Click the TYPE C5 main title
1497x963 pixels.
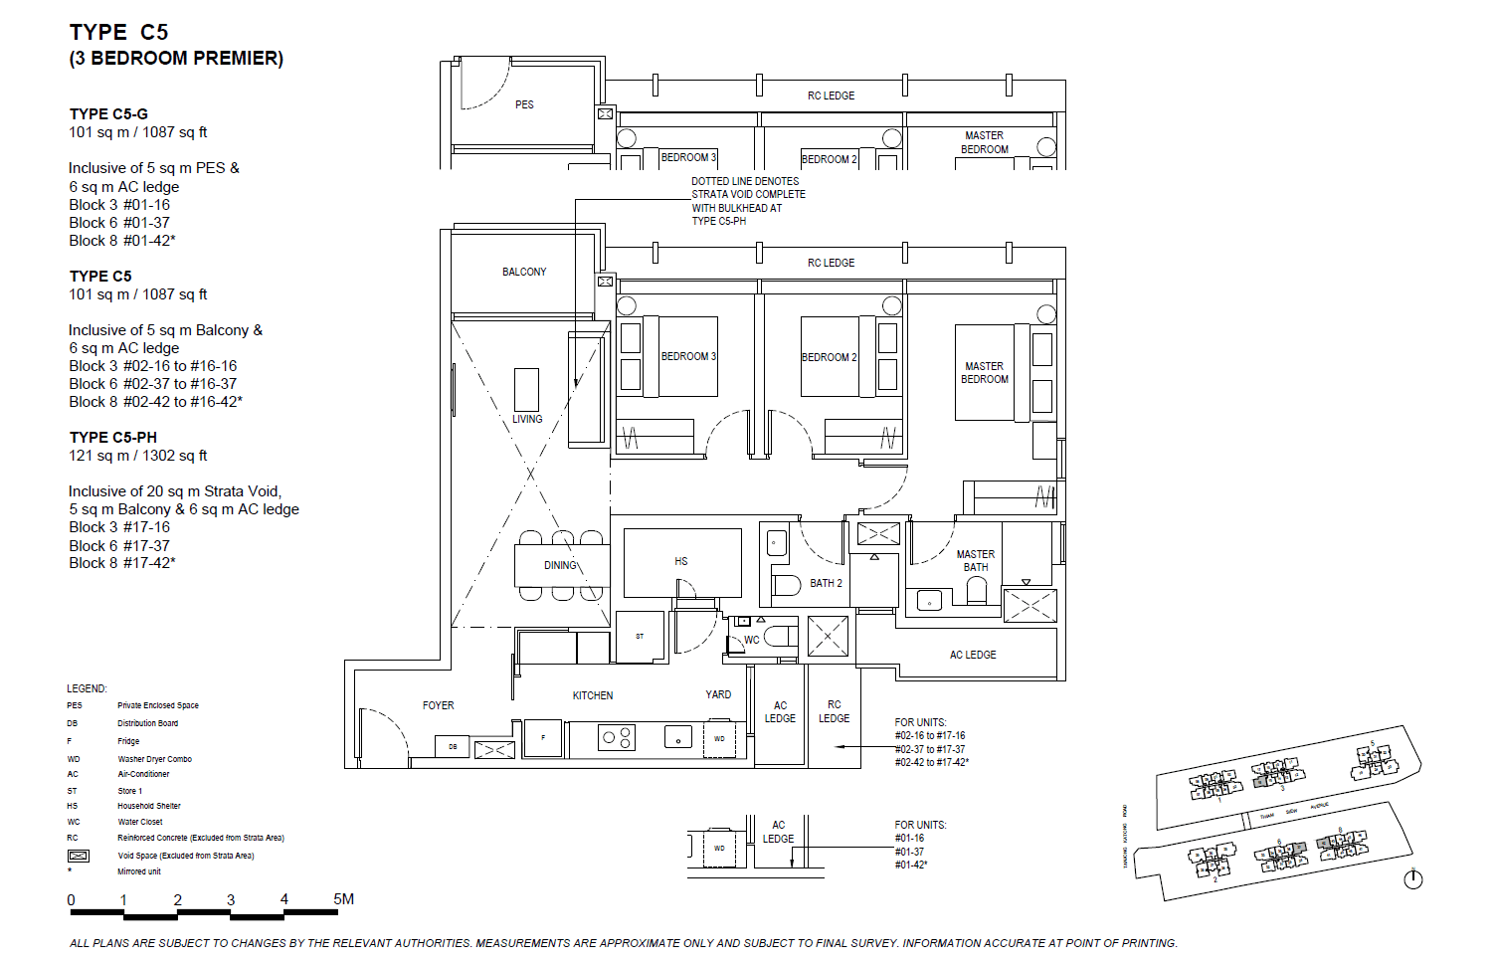pos(119,33)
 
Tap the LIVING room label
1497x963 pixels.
pos(527,419)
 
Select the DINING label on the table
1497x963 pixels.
pos(560,565)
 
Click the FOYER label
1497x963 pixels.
pos(438,705)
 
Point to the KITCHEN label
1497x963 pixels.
pos(593,695)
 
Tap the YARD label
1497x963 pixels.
pos(718,694)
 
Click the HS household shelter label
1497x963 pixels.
pos(681,561)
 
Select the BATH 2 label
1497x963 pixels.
pos(826,583)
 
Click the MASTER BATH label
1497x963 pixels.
pos(976,561)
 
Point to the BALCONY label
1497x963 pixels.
pos(524,272)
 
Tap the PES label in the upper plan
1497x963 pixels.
pos(524,104)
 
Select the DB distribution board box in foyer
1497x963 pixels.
pos(453,746)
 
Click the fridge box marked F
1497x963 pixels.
pos(543,738)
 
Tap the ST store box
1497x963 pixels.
pos(640,637)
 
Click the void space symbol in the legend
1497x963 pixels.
pos(79,856)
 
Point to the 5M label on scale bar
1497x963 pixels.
pos(343,899)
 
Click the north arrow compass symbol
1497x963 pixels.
pos(1412,878)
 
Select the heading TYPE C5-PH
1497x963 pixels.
pos(113,438)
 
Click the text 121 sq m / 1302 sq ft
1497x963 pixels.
pos(138,456)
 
